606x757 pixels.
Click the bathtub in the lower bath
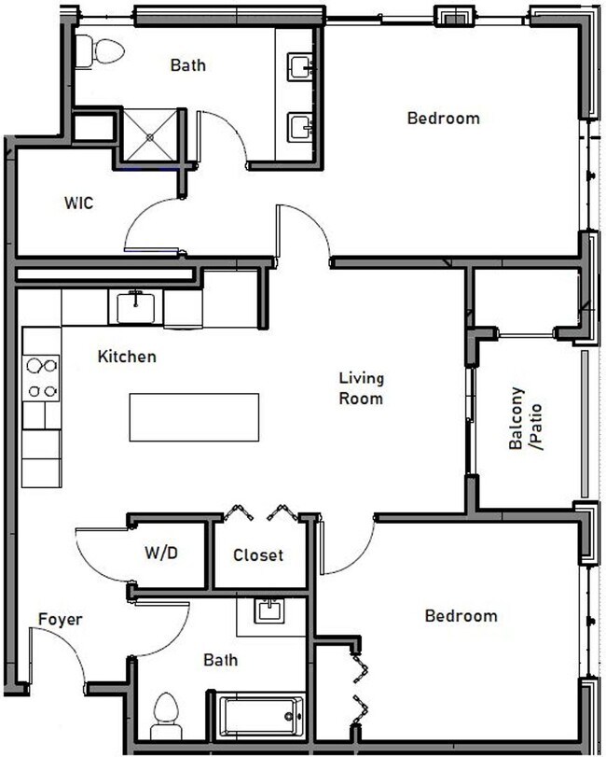click(x=258, y=717)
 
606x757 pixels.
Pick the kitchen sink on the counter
click(x=137, y=305)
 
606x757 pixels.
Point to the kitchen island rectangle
click(x=193, y=416)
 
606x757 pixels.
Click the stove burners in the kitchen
click(x=42, y=377)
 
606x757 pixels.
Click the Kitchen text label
click(x=127, y=357)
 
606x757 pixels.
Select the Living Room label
click(x=361, y=388)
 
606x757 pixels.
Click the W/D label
click(x=160, y=553)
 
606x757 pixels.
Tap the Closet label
click(x=258, y=554)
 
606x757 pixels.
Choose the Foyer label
click(x=61, y=619)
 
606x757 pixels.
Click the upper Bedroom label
click(x=444, y=119)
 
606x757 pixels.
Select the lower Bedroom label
click(x=461, y=616)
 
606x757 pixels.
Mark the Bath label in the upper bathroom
click(x=187, y=65)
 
